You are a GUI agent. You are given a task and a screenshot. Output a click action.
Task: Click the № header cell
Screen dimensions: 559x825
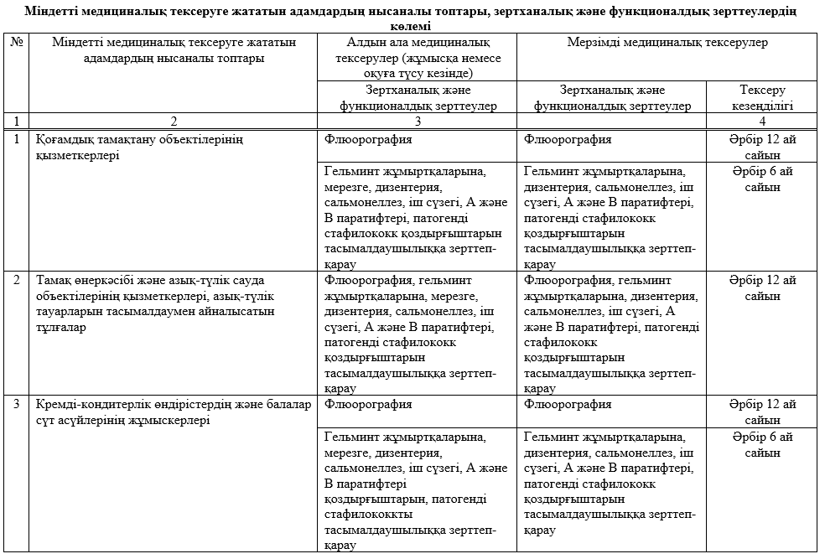pyautogui.click(x=17, y=43)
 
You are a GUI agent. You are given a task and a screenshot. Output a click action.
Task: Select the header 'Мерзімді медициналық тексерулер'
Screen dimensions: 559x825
pyautogui.click(x=666, y=43)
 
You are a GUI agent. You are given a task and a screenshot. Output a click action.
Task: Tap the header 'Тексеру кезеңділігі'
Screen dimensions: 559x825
pyautogui.click(x=762, y=97)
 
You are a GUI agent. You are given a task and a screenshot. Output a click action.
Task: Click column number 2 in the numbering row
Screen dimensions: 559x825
pyautogui.click(x=173, y=121)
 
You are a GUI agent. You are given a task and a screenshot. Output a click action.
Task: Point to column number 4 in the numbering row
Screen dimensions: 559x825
pyautogui.click(x=762, y=121)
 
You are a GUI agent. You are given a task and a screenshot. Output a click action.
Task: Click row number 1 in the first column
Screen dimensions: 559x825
pyautogui.click(x=17, y=139)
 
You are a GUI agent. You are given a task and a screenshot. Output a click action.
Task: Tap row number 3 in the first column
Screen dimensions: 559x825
pyautogui.click(x=17, y=404)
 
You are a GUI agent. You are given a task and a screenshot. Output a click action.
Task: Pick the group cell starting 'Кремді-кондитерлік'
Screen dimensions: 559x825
pyautogui.click(x=173, y=411)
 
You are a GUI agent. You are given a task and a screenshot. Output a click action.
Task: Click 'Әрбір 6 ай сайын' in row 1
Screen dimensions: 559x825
pyautogui.click(x=762, y=179)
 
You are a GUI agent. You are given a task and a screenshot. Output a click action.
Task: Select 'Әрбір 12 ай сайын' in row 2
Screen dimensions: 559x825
pyautogui.click(x=762, y=287)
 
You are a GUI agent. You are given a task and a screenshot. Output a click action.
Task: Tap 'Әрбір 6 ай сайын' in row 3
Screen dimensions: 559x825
pyautogui.click(x=762, y=444)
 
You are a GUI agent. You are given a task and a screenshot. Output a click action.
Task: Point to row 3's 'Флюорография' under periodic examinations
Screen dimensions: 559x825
pyautogui.click(x=568, y=404)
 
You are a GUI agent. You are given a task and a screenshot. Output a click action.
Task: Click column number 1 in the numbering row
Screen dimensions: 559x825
pyautogui.click(x=17, y=121)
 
